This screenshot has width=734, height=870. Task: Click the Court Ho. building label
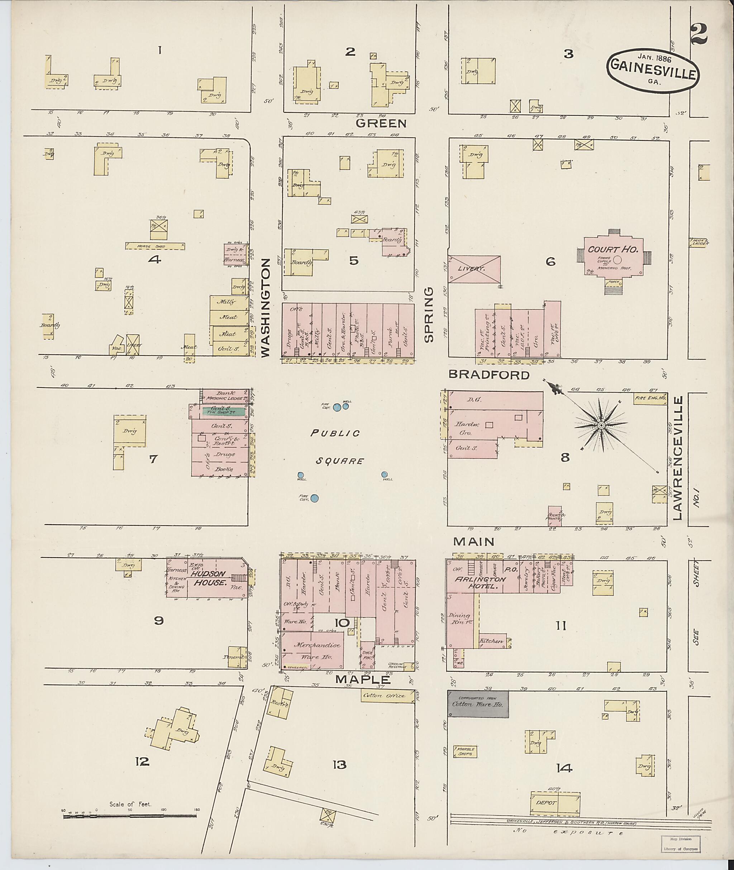tap(613, 250)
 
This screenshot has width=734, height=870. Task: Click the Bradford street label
tap(489, 375)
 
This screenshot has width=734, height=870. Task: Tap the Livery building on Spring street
tap(474, 269)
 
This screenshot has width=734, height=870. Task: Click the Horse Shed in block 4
tap(155, 246)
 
